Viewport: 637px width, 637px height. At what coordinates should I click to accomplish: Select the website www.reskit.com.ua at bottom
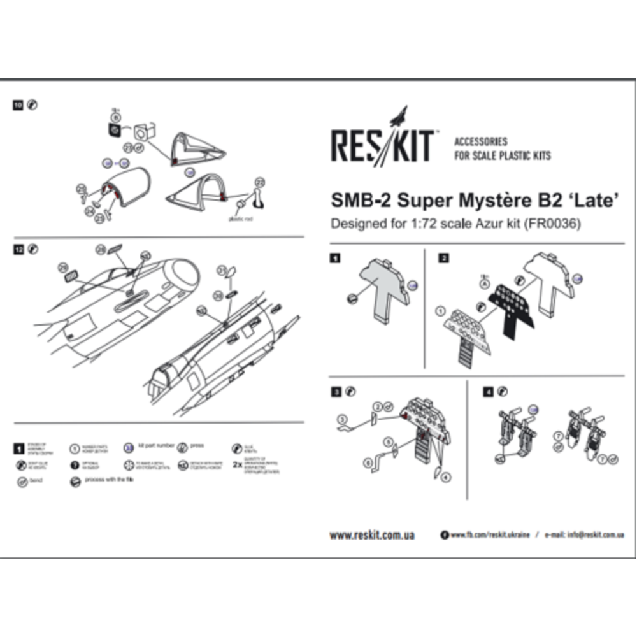pyautogui.click(x=372, y=535)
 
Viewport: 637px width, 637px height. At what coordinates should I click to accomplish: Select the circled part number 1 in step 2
pyautogui.click(x=440, y=311)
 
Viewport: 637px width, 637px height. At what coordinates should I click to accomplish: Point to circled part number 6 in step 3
pyautogui.click(x=368, y=461)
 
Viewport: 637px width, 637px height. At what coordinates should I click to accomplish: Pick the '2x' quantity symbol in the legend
pyautogui.click(x=237, y=464)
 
